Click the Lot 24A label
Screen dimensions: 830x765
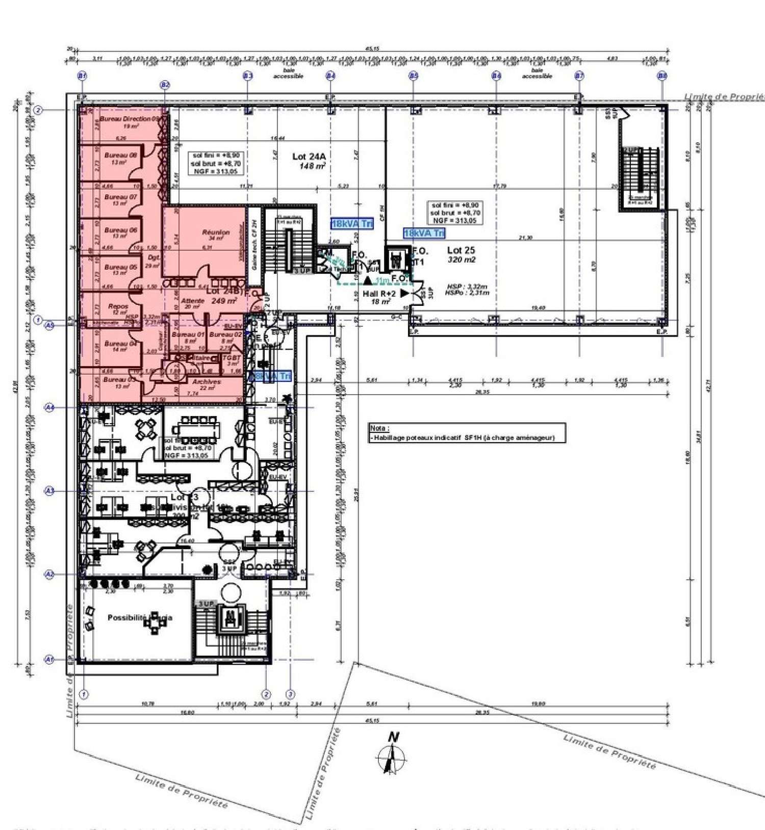point(308,157)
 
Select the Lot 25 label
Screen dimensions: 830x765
point(461,250)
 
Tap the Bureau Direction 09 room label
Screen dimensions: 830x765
point(129,119)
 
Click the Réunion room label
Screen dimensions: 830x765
point(216,232)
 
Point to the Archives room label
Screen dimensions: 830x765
point(207,382)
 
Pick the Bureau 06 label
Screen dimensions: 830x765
point(120,230)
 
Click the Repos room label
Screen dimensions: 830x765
point(118,307)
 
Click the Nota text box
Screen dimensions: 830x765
point(466,433)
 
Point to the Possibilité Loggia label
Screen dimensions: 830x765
point(140,618)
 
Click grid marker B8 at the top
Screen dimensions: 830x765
point(661,76)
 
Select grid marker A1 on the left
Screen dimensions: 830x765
point(49,659)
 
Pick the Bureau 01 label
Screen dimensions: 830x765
point(188,335)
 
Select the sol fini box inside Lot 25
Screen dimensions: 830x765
point(455,213)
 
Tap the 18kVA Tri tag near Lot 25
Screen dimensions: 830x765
point(423,233)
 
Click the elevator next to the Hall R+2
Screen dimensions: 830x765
point(396,258)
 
